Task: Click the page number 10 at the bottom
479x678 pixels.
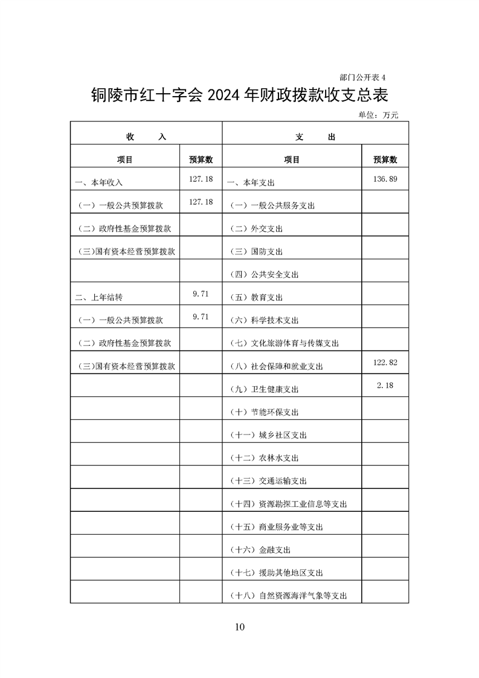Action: pyautogui.click(x=240, y=627)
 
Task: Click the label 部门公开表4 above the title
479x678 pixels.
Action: pyautogui.click(x=362, y=77)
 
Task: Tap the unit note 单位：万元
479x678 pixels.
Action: pyautogui.click(x=379, y=115)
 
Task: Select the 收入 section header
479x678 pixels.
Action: pyautogui.click(x=146, y=137)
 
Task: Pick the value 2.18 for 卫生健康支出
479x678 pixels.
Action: pyautogui.click(x=385, y=386)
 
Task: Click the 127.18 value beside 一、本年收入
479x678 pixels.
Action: pyautogui.click(x=201, y=179)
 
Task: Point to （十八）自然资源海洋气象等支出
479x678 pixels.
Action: pyautogui.click(x=289, y=596)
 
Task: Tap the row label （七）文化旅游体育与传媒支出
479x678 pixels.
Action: pyautogui.click(x=285, y=344)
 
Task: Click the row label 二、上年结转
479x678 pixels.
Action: pyautogui.click(x=100, y=298)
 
